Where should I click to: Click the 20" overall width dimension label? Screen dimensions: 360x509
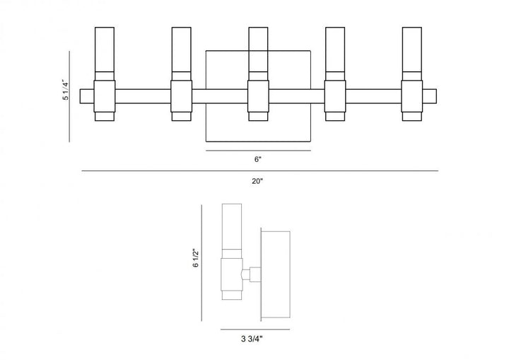click(257, 182)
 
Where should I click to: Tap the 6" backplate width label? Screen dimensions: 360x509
click(257, 160)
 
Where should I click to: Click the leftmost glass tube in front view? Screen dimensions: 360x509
click(104, 50)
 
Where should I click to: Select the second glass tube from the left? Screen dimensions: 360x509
click(181, 50)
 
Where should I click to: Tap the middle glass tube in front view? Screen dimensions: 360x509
click(258, 50)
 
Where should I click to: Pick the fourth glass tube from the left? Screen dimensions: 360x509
click(334, 50)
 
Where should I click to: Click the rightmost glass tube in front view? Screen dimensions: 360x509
click(411, 50)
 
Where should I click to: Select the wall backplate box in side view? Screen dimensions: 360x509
click(276, 272)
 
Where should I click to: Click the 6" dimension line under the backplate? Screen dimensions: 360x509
click(258, 151)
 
